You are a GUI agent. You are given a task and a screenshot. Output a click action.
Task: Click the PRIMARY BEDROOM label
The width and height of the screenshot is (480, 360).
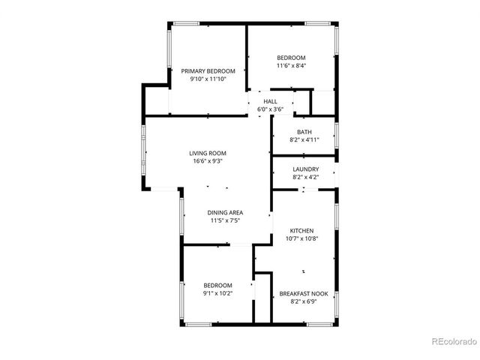(x=207, y=71)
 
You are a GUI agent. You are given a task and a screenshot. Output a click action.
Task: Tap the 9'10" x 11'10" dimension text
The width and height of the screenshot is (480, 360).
(x=207, y=79)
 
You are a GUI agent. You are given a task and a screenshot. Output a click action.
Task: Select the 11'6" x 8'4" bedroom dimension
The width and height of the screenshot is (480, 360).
(x=291, y=65)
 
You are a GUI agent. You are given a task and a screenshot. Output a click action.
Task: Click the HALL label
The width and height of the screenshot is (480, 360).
(x=270, y=101)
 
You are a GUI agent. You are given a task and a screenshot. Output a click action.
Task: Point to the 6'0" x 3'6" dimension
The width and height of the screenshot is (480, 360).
(x=270, y=109)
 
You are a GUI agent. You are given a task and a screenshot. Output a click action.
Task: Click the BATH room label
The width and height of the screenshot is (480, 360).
(x=304, y=133)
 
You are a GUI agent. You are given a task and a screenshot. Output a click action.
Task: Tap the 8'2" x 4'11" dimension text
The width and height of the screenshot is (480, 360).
(x=304, y=140)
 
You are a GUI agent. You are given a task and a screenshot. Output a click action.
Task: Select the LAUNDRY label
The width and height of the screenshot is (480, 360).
(x=305, y=169)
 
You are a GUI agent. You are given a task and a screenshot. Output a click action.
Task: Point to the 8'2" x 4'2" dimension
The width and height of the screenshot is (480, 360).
(x=305, y=177)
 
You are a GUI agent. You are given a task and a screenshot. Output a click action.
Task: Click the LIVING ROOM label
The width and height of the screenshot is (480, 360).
(x=207, y=153)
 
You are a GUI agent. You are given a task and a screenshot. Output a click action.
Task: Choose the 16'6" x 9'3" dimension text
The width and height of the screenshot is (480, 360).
(x=207, y=160)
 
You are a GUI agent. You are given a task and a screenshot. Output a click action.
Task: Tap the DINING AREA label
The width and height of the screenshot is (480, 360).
(x=225, y=213)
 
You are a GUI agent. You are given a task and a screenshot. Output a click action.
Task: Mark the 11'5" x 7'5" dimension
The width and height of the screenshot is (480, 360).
(x=225, y=220)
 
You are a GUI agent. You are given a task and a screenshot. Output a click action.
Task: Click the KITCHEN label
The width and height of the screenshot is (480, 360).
(x=301, y=231)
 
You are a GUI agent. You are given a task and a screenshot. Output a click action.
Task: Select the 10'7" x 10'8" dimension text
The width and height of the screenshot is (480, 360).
(x=301, y=238)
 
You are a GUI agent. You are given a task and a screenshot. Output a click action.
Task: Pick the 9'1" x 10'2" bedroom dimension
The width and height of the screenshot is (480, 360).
(x=218, y=293)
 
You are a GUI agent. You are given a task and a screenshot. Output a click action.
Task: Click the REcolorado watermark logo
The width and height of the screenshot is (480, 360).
(x=454, y=342)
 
